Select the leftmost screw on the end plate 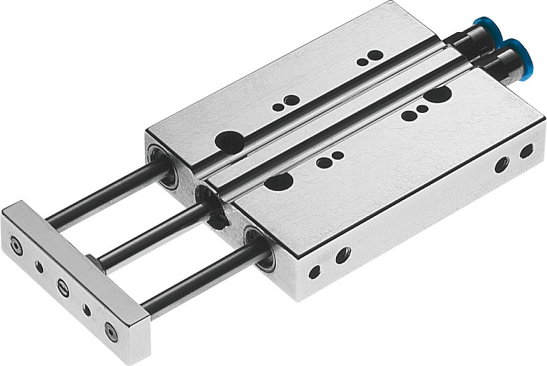coord(16,245)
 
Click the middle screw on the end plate coord(63,286)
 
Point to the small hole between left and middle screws coord(39,266)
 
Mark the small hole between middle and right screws coord(86,308)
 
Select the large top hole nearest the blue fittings coord(437,94)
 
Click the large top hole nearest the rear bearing coord(229,142)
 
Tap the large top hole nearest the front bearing coord(279,181)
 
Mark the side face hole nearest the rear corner coord(527,151)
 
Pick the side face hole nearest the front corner coord(314,272)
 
